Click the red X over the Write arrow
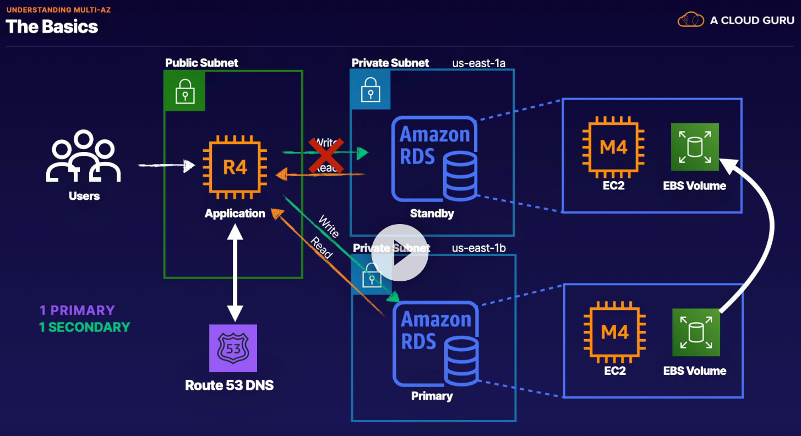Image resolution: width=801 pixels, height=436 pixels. (x=323, y=155)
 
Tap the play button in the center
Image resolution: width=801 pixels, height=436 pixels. (x=400, y=253)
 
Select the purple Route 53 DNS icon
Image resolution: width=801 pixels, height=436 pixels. (x=233, y=348)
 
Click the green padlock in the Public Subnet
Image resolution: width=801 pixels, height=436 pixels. (x=184, y=91)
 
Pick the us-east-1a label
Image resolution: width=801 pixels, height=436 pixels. (x=478, y=63)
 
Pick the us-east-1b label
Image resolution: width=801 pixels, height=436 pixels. (x=478, y=248)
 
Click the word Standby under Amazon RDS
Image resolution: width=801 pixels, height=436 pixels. (x=432, y=214)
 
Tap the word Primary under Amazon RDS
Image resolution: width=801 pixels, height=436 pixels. (x=432, y=396)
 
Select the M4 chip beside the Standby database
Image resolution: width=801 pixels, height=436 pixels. (x=614, y=148)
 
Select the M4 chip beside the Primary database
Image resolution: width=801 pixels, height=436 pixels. (x=615, y=332)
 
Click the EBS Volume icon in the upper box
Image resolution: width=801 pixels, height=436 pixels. (x=695, y=147)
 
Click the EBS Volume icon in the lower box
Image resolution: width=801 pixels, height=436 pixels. (x=696, y=332)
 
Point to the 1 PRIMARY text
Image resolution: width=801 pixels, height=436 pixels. (x=77, y=310)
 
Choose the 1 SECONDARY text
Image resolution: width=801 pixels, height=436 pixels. (x=84, y=327)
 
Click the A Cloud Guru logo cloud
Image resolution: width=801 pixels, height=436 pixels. (x=691, y=20)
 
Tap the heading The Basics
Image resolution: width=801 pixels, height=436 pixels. (x=52, y=26)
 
